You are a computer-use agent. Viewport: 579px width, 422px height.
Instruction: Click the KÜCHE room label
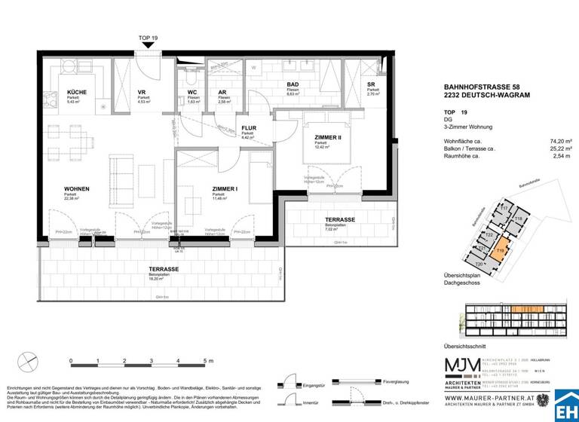click(76, 92)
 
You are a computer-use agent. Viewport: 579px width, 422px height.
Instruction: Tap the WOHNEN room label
click(78, 188)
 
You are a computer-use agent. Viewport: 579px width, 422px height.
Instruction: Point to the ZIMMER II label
click(329, 137)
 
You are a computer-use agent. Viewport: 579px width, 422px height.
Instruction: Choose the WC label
click(192, 92)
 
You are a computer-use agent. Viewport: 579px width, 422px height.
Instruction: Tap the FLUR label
click(248, 128)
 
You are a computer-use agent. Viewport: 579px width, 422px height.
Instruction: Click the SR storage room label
click(370, 84)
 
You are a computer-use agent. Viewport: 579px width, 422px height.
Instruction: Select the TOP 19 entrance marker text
click(149, 38)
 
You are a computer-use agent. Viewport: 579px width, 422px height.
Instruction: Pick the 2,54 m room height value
click(564, 157)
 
